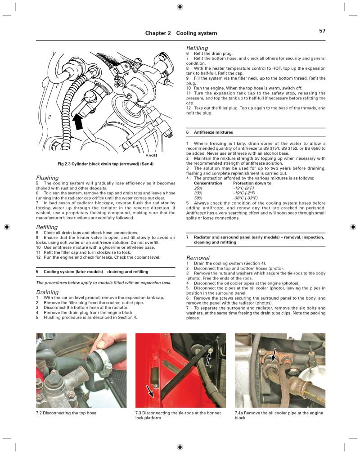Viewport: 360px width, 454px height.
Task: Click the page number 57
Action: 322,31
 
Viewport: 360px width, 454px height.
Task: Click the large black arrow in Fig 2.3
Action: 79,120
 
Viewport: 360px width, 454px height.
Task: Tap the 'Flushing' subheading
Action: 47,178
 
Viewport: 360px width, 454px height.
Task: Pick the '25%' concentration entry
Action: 198,188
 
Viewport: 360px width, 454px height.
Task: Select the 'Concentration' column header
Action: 208,183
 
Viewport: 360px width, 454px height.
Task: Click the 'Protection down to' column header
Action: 252,183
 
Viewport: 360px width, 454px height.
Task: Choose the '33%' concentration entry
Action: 198,193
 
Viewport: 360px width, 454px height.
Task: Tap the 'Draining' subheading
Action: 47,292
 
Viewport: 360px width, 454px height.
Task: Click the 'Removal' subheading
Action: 198,258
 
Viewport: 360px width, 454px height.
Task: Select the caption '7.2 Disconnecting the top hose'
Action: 66,413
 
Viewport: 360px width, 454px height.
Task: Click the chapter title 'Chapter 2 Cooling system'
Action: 181,33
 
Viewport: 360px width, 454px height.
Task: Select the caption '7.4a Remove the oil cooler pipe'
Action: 279,415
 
